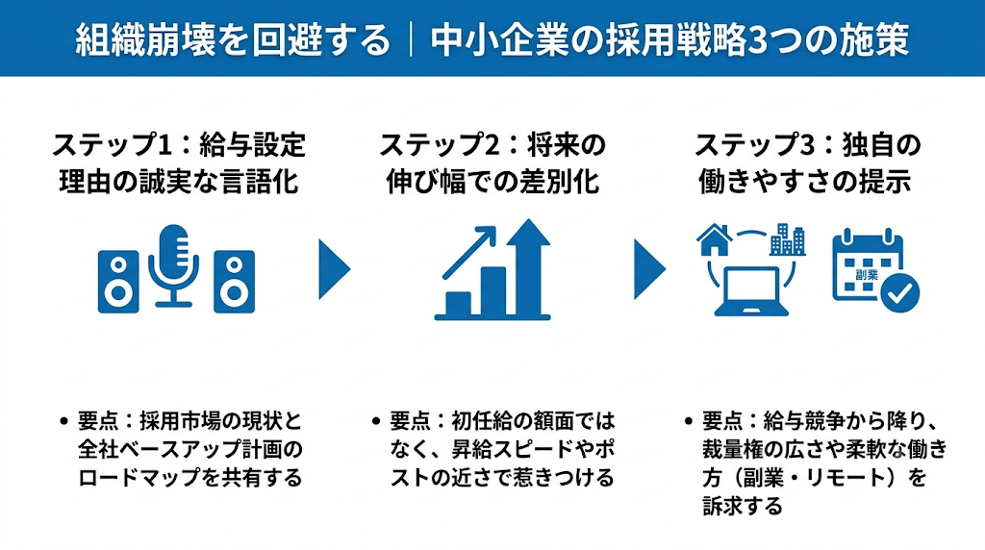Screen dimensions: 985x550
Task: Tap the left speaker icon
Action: pos(118,282)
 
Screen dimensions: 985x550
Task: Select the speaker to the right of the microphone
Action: pos(235,282)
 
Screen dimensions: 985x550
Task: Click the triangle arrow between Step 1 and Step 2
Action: pos(334,268)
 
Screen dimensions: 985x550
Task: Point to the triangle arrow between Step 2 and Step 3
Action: pos(649,268)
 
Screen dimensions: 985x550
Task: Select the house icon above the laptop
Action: pos(715,239)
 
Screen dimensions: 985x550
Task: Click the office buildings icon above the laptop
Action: pos(788,239)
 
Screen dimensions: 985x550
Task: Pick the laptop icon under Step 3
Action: pos(751,291)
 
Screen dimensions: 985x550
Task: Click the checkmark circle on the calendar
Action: pos(899,292)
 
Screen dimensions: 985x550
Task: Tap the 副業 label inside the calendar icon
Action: pos(867,274)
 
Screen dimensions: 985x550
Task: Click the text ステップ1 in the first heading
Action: pos(112,145)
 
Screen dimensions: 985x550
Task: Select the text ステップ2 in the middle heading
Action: pos(439,145)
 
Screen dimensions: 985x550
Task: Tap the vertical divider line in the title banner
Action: pos(411,40)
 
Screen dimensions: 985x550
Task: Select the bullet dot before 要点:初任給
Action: pos(376,420)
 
